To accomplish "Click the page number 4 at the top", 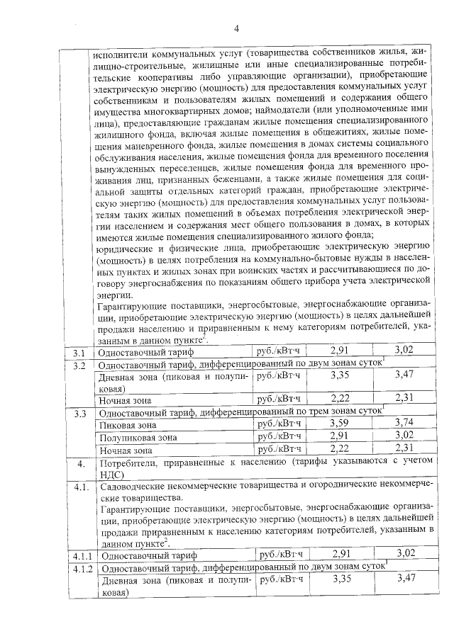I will [236, 28].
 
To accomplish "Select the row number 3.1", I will [79, 351].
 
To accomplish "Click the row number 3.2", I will [79, 365].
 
